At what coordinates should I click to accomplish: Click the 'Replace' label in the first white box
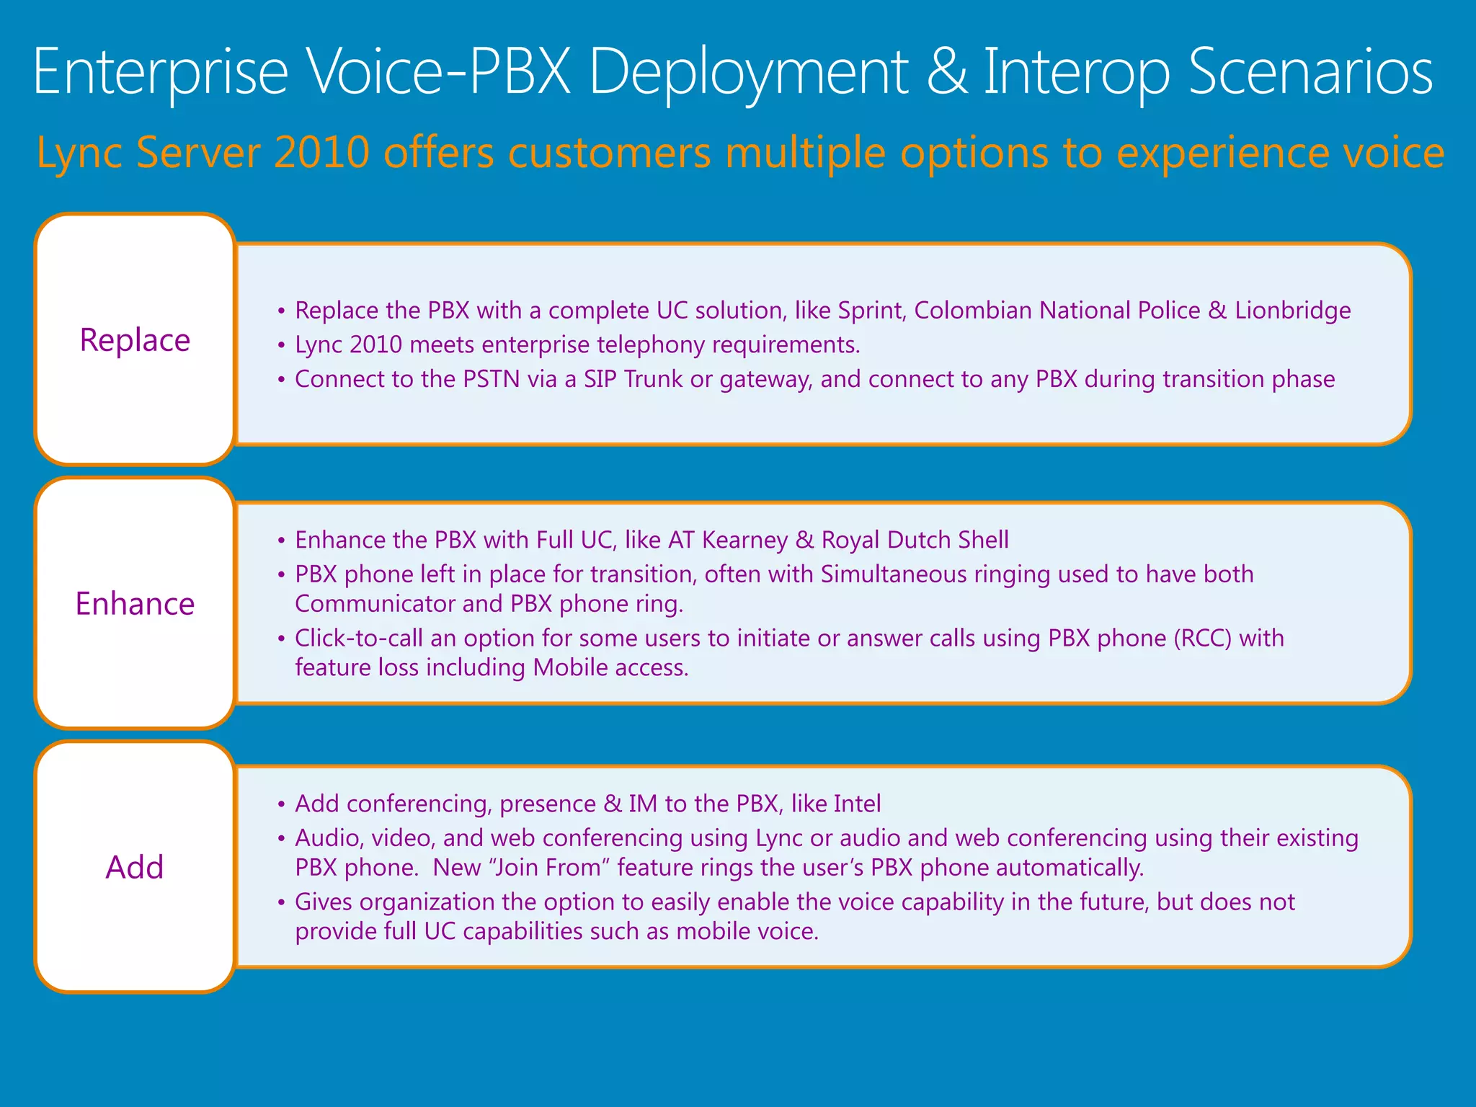point(135,340)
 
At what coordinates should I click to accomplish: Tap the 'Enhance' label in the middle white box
point(135,604)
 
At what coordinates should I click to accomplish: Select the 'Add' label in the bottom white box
point(135,867)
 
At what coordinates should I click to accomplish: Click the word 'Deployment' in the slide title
point(749,72)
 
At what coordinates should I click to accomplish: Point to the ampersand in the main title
point(947,72)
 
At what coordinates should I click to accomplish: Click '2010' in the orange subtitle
point(321,153)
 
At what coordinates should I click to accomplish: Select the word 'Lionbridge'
point(1293,311)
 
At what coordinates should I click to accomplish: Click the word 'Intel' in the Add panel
point(857,804)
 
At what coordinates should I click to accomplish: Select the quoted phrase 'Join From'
point(552,867)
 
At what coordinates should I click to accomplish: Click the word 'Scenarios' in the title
point(1311,72)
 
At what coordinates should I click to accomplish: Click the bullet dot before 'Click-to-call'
point(281,639)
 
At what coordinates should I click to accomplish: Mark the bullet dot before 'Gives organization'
point(281,903)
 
